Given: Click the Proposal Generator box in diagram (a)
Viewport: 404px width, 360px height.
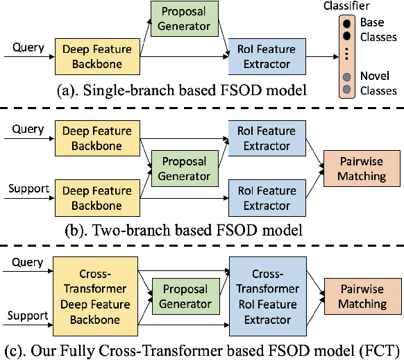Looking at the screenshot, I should [180, 19].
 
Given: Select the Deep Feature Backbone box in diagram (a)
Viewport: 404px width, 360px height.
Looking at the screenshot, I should [92, 56].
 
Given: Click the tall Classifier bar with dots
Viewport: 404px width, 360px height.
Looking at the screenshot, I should [346, 56].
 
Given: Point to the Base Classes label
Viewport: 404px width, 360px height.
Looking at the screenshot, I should [377, 30].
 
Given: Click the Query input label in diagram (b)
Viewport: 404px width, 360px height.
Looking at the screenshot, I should [28, 129].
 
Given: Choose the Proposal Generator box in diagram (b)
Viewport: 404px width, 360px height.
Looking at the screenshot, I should [180, 167].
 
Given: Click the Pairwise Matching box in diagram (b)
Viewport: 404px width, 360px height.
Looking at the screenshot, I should [362, 169].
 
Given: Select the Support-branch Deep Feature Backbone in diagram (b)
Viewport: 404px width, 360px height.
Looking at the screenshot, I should [92, 198].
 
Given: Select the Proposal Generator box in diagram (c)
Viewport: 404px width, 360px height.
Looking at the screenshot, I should [180, 297].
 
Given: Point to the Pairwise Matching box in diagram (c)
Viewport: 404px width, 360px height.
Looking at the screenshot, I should [362, 297].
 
